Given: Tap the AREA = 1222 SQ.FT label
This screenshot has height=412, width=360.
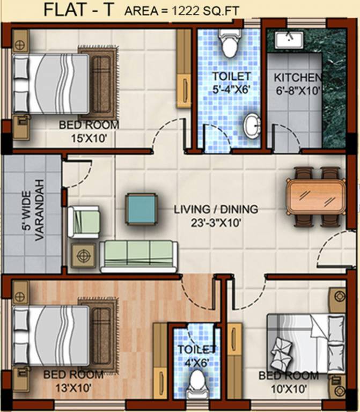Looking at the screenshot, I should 182,11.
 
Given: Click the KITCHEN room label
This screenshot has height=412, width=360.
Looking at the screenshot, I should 295,77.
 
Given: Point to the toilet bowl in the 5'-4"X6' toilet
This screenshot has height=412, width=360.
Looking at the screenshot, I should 230,43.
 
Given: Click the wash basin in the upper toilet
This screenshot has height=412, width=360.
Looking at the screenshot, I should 251,126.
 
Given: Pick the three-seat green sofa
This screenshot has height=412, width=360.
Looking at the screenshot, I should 138,255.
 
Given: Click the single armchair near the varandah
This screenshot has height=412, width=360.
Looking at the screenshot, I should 84,222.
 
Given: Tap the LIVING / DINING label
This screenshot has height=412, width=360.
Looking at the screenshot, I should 215,209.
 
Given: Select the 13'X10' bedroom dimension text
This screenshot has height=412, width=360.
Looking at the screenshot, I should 73,387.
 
